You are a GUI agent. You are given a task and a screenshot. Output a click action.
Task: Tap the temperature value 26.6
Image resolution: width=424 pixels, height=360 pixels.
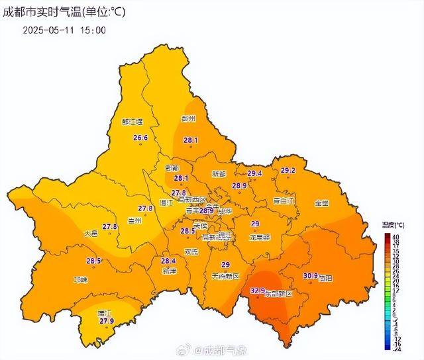click(x=140, y=138)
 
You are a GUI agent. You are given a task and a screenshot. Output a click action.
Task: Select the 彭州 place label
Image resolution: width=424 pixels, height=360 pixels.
click(x=189, y=119)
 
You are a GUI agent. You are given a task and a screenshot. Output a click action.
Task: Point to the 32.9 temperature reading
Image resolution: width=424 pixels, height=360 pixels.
click(x=258, y=291)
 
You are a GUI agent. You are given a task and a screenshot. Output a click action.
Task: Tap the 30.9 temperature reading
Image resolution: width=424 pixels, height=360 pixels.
click(x=311, y=275)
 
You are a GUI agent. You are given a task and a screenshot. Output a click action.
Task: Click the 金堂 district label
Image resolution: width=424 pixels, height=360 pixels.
click(x=321, y=202)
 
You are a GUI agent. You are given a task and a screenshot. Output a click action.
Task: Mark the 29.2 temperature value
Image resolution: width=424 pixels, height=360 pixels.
click(x=288, y=170)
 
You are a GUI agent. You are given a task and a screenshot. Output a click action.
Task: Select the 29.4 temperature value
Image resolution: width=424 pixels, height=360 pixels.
click(x=255, y=173)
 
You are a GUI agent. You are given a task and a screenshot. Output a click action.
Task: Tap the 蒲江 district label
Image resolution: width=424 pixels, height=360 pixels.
click(x=103, y=312)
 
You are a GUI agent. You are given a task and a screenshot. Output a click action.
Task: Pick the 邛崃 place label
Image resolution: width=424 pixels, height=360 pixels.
click(x=81, y=280)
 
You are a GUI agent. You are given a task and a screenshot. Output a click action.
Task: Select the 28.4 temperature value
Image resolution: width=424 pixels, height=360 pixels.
click(x=169, y=261)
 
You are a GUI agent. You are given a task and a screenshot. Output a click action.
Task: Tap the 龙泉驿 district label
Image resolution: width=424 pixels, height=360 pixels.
click(x=259, y=237)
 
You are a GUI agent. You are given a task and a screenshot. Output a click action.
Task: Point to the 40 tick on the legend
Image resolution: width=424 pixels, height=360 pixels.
click(x=395, y=236)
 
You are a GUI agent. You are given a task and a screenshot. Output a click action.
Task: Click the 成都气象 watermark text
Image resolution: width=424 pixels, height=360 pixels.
click(x=223, y=349)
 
